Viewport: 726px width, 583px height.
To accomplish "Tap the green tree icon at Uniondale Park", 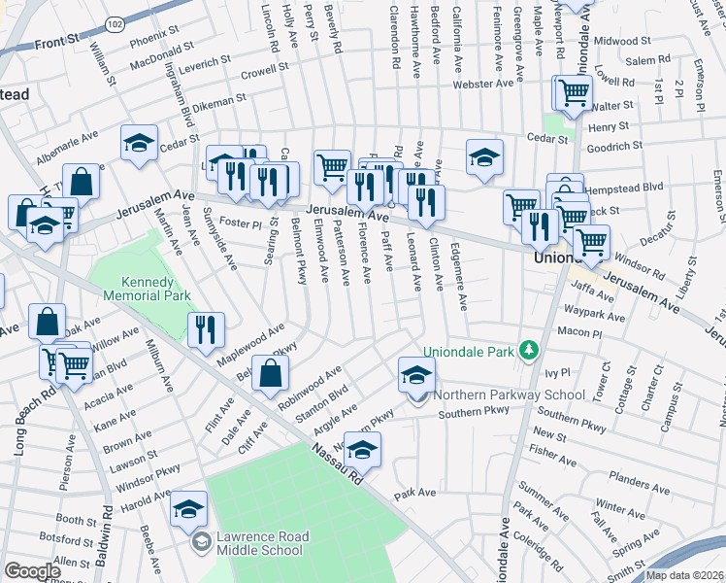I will (x=529, y=350).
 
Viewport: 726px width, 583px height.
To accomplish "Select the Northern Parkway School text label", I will (x=509, y=394).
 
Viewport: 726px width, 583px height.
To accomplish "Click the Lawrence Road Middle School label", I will (x=262, y=543).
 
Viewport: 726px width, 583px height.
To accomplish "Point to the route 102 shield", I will (x=115, y=23).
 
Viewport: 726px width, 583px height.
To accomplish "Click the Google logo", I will (x=32, y=571).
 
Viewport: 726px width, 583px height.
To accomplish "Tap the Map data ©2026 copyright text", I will (x=685, y=575).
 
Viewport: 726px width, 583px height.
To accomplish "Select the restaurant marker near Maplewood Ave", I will (x=206, y=330).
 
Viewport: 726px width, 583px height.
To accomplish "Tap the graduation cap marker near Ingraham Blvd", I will (x=140, y=142).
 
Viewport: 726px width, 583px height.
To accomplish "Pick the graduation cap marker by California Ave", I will (x=484, y=158).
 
